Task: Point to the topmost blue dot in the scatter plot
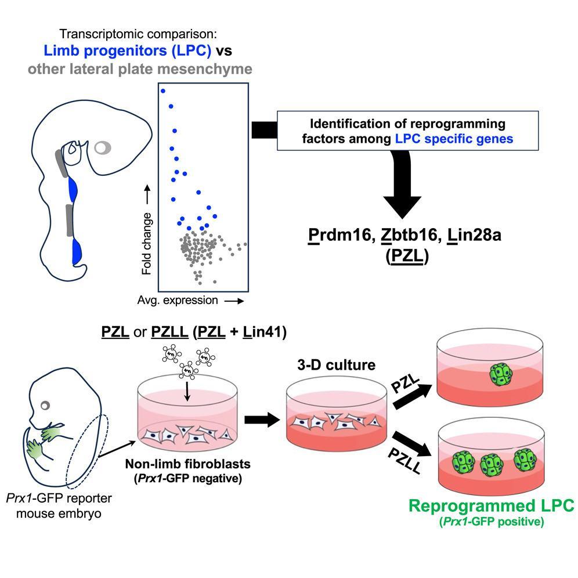(x=163, y=91)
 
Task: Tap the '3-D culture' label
(x=328, y=366)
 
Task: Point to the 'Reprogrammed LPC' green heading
(x=492, y=505)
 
